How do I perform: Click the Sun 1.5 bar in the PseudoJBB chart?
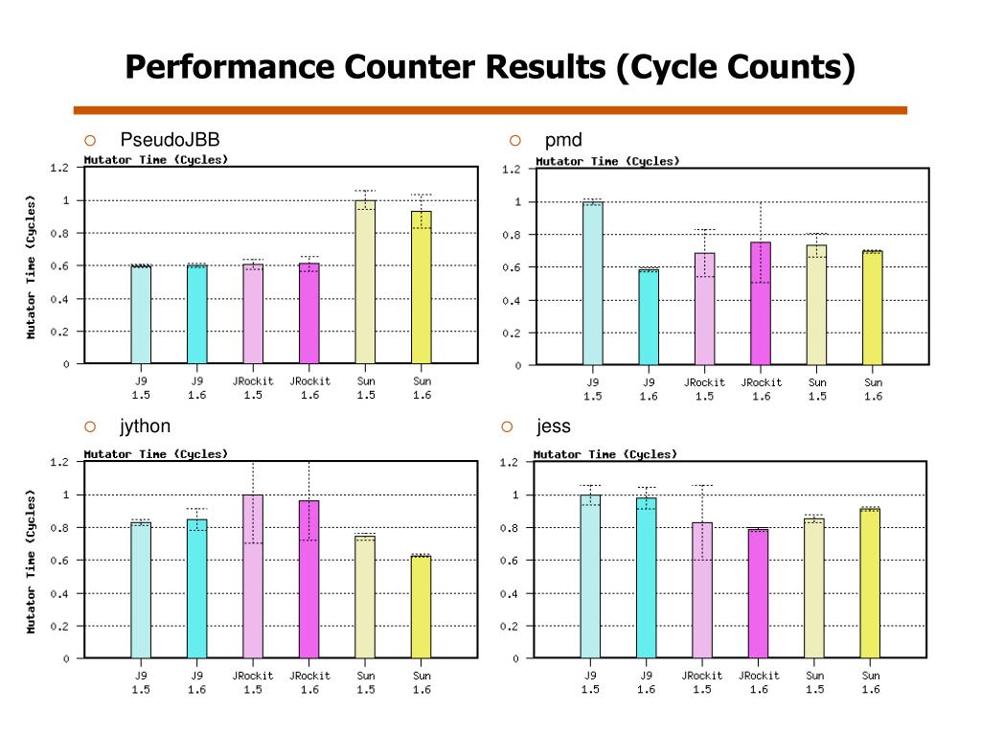coord(365,282)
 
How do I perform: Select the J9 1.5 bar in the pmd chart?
coord(593,284)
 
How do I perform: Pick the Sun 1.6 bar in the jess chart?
coord(870,584)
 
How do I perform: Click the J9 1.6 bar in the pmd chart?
coord(649,317)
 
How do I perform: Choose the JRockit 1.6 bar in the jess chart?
coord(758,593)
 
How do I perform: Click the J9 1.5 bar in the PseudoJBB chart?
coord(141,315)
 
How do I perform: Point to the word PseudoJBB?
coord(170,141)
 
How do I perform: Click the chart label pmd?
coord(563,141)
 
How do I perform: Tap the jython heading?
coord(145,426)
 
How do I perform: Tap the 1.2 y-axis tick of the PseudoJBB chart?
coord(59,168)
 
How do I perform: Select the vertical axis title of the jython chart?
coord(31,561)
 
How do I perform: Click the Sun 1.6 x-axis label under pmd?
coord(873,389)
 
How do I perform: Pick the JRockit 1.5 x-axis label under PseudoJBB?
coord(253,387)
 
